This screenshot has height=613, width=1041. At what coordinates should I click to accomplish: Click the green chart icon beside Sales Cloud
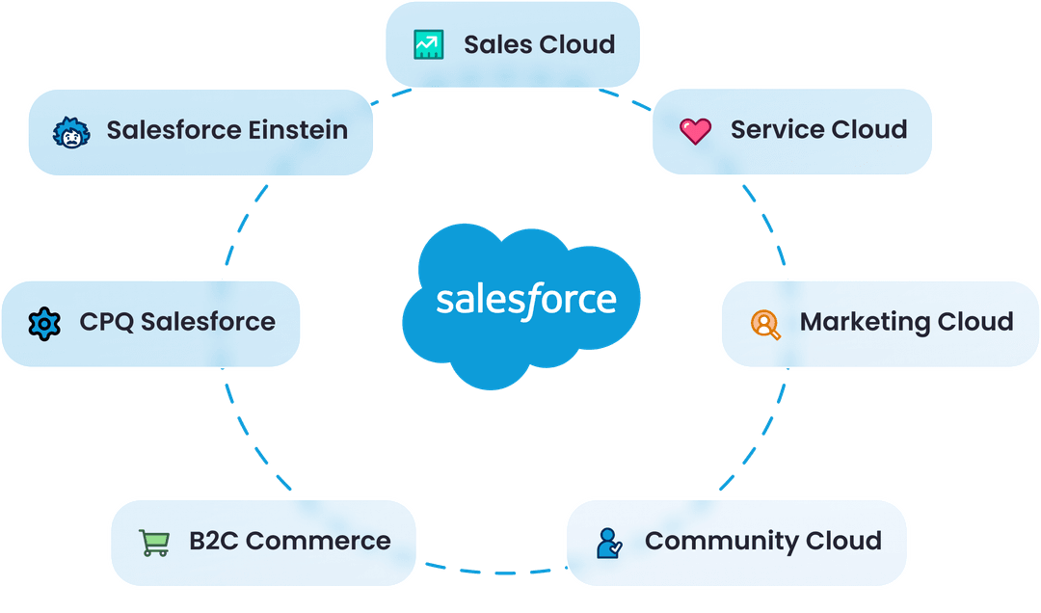click(x=428, y=44)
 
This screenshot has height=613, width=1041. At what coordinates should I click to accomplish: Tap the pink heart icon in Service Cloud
click(x=694, y=130)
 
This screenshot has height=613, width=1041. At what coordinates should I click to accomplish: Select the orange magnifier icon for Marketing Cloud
click(x=765, y=323)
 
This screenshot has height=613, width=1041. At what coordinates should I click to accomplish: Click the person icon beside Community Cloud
click(x=609, y=542)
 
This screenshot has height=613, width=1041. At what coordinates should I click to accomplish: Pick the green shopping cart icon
click(x=154, y=542)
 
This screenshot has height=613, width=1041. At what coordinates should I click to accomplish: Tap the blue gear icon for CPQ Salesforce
click(x=44, y=323)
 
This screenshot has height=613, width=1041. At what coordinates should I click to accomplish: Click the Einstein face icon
click(x=70, y=131)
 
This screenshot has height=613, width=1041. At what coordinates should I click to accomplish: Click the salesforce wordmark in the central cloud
click(x=525, y=299)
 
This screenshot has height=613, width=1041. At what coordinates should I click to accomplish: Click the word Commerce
click(x=318, y=542)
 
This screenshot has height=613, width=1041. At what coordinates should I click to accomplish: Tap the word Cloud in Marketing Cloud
click(x=978, y=322)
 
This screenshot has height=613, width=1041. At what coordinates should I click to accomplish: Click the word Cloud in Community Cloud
click(x=846, y=542)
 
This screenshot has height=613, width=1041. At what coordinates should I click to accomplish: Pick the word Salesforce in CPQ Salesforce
click(x=207, y=322)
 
